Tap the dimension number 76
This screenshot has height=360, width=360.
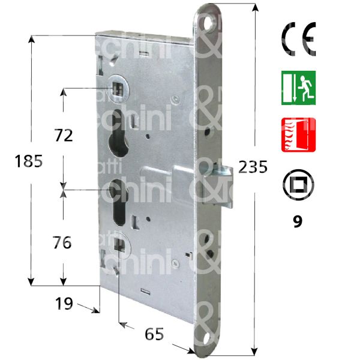tap(61, 242)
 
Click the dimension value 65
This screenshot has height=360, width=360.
tap(155, 334)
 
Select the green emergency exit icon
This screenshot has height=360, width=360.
tap(298, 88)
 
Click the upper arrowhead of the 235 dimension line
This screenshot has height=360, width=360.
tap(256, 8)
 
